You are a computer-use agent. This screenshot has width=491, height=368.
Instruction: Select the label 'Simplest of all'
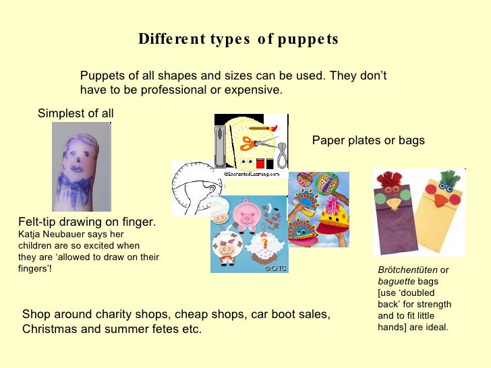[76, 113]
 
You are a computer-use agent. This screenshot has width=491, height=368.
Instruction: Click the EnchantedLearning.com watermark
[252, 174]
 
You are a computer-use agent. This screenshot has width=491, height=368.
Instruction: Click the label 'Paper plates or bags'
[368, 141]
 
